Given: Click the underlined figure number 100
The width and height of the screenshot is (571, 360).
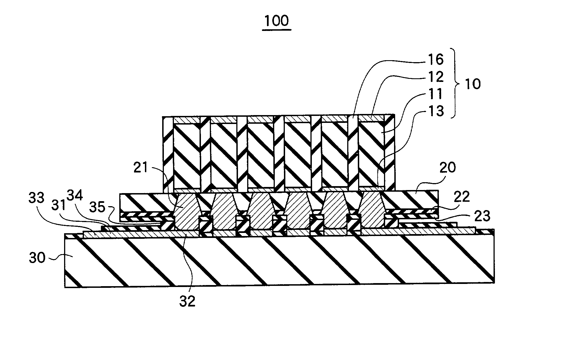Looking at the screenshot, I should [276, 21].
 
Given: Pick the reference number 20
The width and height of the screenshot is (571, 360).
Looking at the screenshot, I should [448, 168].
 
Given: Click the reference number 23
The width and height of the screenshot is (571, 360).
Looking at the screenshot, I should [482, 216].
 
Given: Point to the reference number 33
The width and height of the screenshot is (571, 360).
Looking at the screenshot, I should [37, 198].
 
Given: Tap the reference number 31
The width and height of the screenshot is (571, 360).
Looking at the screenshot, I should [59, 206].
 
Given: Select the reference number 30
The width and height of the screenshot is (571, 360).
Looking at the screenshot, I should [37, 258].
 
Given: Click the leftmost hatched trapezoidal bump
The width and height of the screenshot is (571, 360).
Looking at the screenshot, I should [186, 212].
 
